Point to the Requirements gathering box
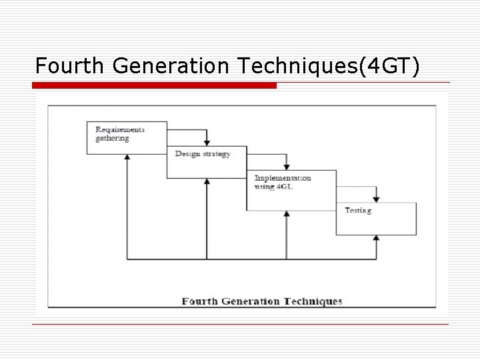[126, 137]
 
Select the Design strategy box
[207, 163]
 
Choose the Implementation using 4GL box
[291, 190]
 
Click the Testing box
[376, 219]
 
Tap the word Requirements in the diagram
[120, 129]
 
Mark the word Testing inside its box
[359, 211]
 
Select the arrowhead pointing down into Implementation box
[287, 167]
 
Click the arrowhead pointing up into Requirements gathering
[127, 157]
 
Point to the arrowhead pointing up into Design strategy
[207, 182]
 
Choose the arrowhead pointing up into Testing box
[377, 239]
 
